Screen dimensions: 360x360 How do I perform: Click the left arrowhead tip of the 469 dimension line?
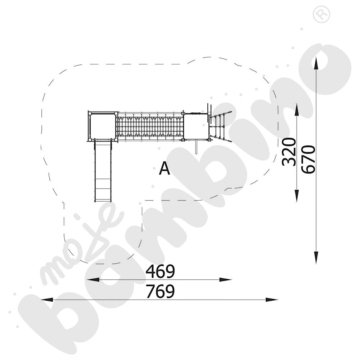pos(87,280)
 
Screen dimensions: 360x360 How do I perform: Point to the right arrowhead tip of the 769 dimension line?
pos(278,300)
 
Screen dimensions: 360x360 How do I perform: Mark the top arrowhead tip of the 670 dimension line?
pos(316,57)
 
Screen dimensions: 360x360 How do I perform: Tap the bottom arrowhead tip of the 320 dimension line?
pos(297,202)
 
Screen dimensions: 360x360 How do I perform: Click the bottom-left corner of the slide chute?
pos(95,202)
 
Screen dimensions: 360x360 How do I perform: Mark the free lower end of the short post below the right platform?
pos(196,154)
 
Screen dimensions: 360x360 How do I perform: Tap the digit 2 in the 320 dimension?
pos(289,152)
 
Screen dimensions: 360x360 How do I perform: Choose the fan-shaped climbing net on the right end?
pos(221,126)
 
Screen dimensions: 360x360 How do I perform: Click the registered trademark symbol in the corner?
pos(321,14)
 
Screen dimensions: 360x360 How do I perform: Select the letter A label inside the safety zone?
pos(165,168)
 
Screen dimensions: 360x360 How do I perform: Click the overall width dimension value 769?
pos(161,292)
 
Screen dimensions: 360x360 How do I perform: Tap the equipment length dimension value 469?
pos(161,271)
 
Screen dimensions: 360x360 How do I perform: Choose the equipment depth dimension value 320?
pos(289,152)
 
